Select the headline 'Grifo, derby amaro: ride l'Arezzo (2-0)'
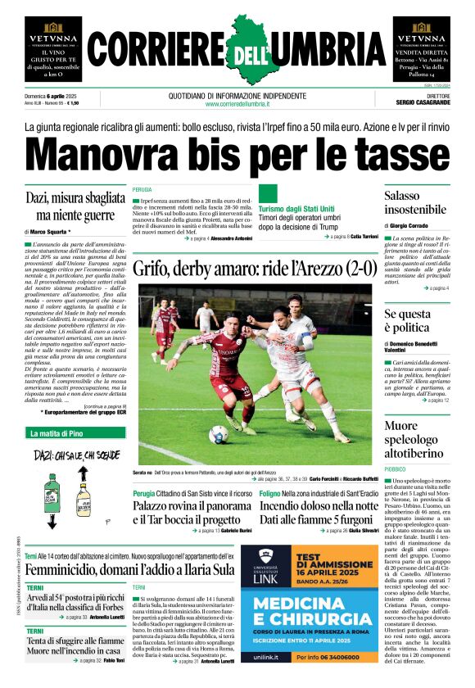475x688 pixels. click(251, 267)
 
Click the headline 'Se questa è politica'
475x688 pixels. click(407, 321)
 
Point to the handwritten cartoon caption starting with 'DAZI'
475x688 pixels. click(70, 454)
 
